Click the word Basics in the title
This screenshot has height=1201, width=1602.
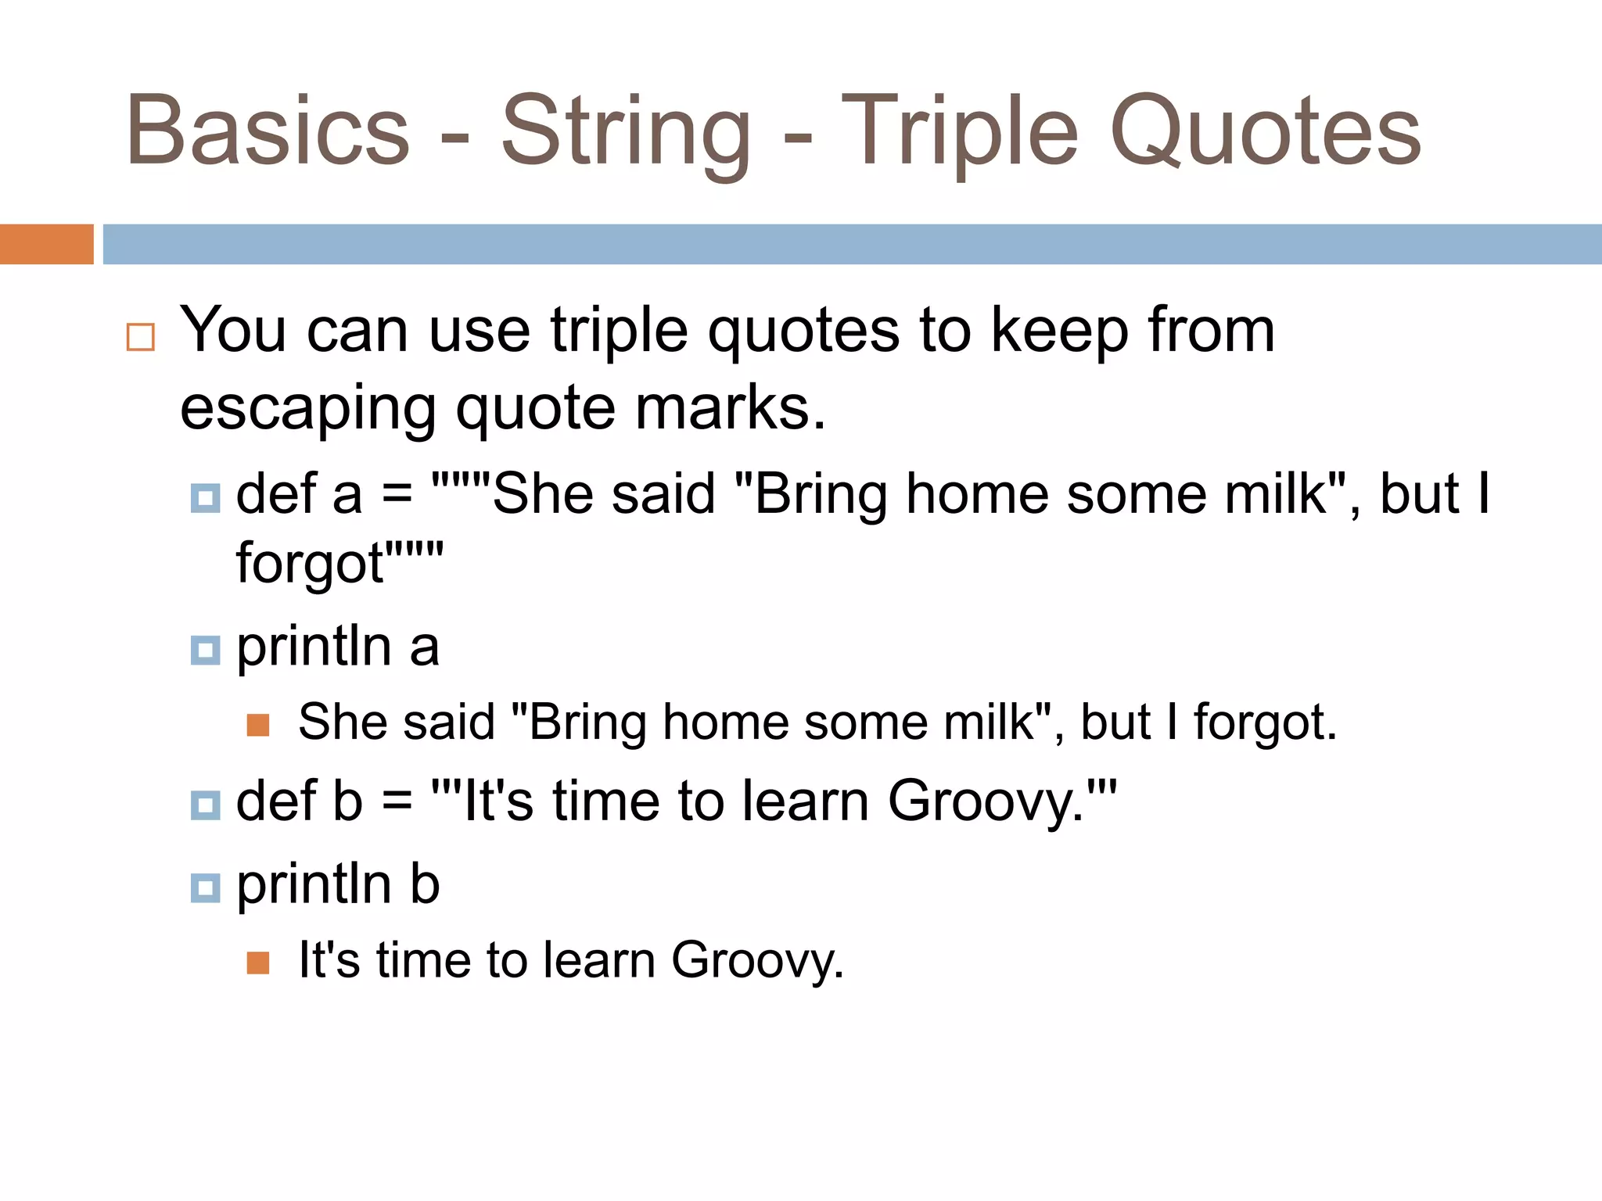(268, 131)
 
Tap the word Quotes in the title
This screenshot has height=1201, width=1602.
(1265, 131)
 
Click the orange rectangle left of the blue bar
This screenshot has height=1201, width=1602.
(46, 244)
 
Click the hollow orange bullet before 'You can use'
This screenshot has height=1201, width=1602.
(141, 338)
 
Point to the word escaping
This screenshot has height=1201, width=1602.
(308, 410)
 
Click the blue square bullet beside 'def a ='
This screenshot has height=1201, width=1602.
(205, 498)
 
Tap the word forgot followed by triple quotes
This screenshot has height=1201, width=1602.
(310, 564)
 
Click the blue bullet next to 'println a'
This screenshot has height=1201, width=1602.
(205, 650)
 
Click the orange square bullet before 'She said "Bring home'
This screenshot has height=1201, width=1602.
(258, 726)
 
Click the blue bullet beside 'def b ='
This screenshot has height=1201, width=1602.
(205, 805)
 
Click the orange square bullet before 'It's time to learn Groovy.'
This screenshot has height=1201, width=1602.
(258, 963)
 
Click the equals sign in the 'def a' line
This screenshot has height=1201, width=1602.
(397, 496)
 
